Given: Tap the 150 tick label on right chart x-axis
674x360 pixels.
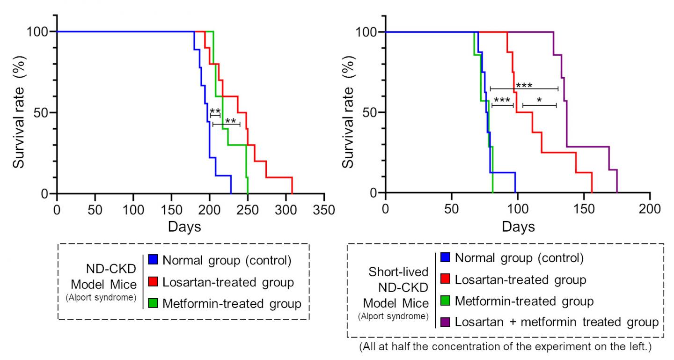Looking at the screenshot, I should point(583,210).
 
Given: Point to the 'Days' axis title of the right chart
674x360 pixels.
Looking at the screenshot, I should point(518,227).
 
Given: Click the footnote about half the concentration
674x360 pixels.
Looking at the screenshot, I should point(505,348).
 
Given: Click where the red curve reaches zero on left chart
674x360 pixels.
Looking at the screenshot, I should point(292,193).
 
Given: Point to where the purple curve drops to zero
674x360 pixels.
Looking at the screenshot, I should point(617,192).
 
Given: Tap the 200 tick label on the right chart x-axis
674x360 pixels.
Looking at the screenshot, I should point(650,210).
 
